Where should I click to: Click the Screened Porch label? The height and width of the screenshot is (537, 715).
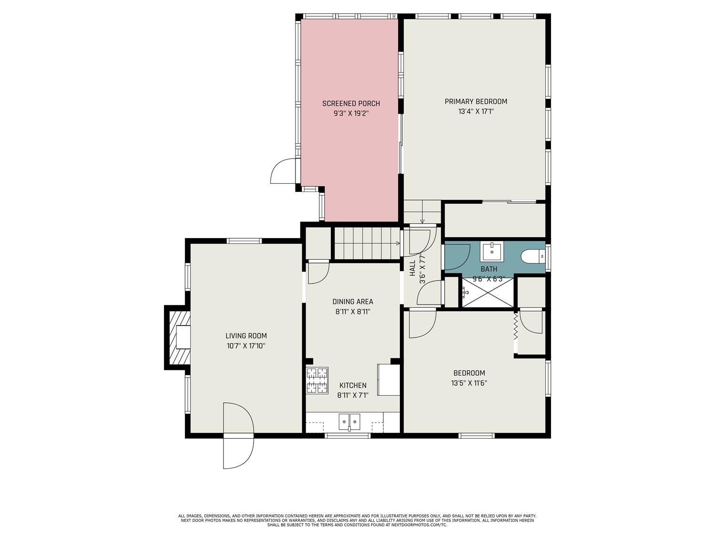point(351,104)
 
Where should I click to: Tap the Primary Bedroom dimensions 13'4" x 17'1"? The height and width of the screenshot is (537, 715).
point(476,112)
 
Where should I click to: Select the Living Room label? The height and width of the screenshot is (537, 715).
point(246,336)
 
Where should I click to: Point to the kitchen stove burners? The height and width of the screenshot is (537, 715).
point(317,380)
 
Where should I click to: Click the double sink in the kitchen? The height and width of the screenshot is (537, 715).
point(349,422)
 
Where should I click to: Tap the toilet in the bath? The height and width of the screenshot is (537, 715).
point(532,256)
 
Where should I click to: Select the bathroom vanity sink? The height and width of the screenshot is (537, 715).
point(491,252)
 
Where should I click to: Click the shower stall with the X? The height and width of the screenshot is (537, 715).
point(488,292)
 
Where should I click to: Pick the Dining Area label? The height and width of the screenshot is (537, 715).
point(353,302)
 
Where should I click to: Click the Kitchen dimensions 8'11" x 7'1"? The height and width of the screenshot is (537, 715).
point(353,396)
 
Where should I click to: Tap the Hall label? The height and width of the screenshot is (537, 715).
point(412,268)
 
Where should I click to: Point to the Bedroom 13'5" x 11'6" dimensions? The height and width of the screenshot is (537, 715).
point(469,383)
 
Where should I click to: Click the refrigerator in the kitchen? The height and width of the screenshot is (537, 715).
point(388,380)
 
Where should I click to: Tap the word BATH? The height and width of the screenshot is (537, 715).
point(489,269)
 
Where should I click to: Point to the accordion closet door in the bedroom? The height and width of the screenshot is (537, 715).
point(516,326)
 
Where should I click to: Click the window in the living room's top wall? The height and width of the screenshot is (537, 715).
point(245,241)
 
